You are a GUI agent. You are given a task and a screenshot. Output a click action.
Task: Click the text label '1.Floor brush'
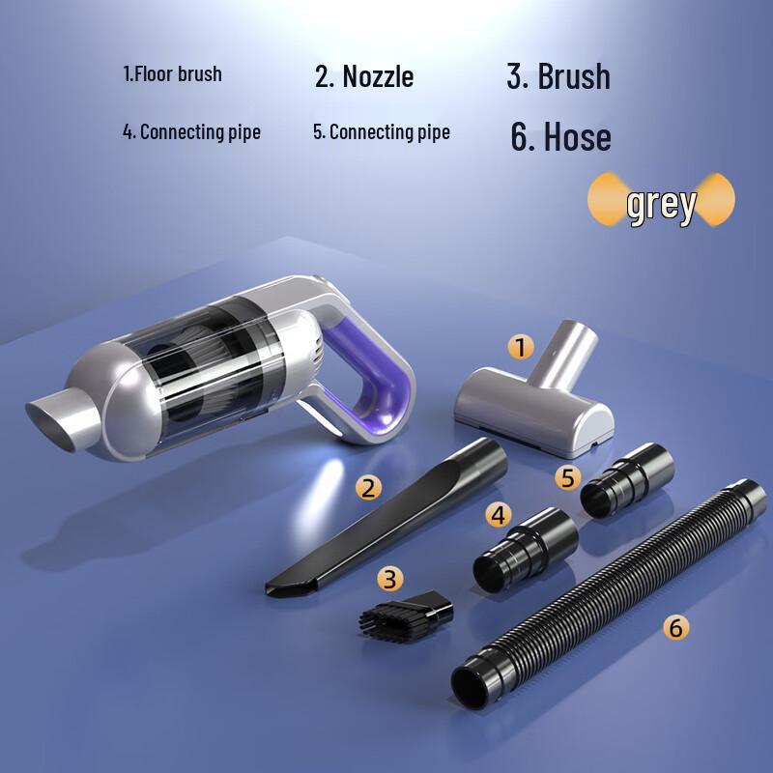click(172, 74)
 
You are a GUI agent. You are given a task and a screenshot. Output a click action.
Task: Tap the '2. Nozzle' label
click(364, 75)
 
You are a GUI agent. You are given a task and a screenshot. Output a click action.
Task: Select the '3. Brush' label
click(558, 76)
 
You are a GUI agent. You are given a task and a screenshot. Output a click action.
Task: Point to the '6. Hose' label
click(560, 137)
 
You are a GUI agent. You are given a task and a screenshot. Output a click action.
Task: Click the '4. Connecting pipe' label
click(191, 131)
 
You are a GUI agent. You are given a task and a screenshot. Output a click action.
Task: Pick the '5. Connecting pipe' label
click(381, 131)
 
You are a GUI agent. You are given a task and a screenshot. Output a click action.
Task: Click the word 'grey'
click(661, 204)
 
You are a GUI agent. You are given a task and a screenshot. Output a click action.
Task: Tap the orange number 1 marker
click(521, 347)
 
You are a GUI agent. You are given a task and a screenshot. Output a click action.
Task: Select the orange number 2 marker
click(366, 487)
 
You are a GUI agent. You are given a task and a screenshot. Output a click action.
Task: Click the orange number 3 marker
click(389, 578)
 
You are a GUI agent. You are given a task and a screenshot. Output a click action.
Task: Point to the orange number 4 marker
click(498, 515)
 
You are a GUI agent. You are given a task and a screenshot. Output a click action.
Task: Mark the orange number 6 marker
click(675, 627)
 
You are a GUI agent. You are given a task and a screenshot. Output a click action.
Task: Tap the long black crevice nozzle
click(386, 522)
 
